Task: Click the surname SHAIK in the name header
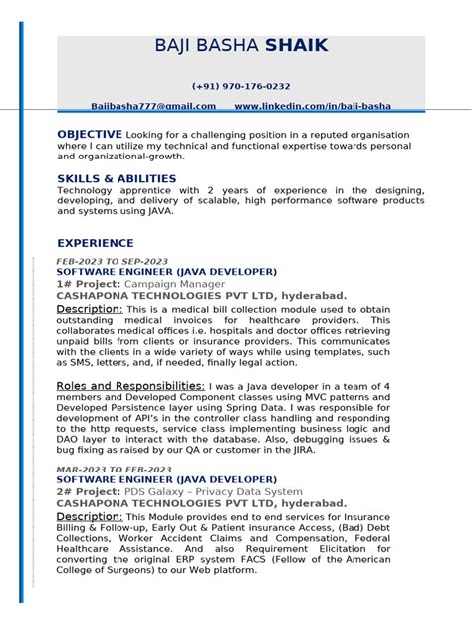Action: coord(296,46)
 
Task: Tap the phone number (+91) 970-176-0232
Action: coord(241,87)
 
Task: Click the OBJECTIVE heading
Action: coord(90,134)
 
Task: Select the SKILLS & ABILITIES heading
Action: coord(117,179)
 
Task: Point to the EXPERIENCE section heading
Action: coord(96,243)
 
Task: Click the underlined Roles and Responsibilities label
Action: coord(130,385)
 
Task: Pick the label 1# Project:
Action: coord(88,284)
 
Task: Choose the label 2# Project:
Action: coord(88,492)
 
